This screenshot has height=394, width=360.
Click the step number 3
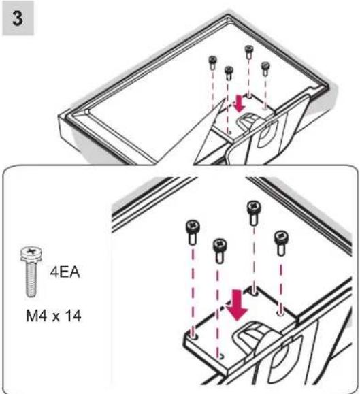click(17, 18)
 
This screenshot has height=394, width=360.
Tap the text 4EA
click(65, 272)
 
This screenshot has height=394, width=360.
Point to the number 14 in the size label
click(73, 316)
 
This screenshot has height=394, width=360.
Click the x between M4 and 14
click(56, 318)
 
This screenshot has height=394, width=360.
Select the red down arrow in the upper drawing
click(240, 103)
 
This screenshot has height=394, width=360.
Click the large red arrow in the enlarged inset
click(237, 305)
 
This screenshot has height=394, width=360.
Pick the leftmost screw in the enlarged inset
click(193, 231)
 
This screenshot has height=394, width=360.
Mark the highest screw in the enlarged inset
click(254, 212)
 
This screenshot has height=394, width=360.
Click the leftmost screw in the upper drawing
click(212, 63)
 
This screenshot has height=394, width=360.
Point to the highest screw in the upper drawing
click(248, 52)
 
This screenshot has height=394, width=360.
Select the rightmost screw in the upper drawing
click(265, 69)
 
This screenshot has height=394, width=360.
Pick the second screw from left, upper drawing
click(229, 73)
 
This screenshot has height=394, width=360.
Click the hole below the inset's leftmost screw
click(193, 336)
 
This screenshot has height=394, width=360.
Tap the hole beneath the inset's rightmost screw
click(280, 313)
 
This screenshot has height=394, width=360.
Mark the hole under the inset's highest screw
click(255, 293)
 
